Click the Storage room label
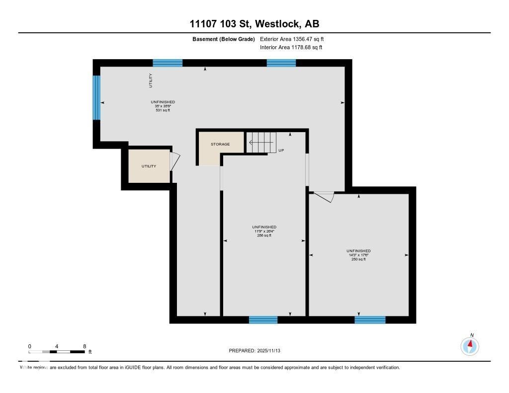[x=220, y=144]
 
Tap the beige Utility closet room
[x=149, y=166]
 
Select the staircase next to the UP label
[x=261, y=143]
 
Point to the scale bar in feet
[x=57, y=352]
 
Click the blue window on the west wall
[x=96, y=97]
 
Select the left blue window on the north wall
[x=168, y=63]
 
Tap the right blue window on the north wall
[x=281, y=63]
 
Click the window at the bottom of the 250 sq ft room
[x=370, y=319]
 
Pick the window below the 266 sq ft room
[x=263, y=319]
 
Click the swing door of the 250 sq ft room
[x=324, y=197]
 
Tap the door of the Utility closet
[x=174, y=161]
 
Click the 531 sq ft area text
[x=163, y=110]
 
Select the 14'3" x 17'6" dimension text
[x=358, y=255]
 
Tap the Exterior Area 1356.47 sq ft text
[x=292, y=39]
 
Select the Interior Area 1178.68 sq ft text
[x=291, y=47]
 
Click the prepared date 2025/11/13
[x=258, y=351]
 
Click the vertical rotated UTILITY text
[x=151, y=81]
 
